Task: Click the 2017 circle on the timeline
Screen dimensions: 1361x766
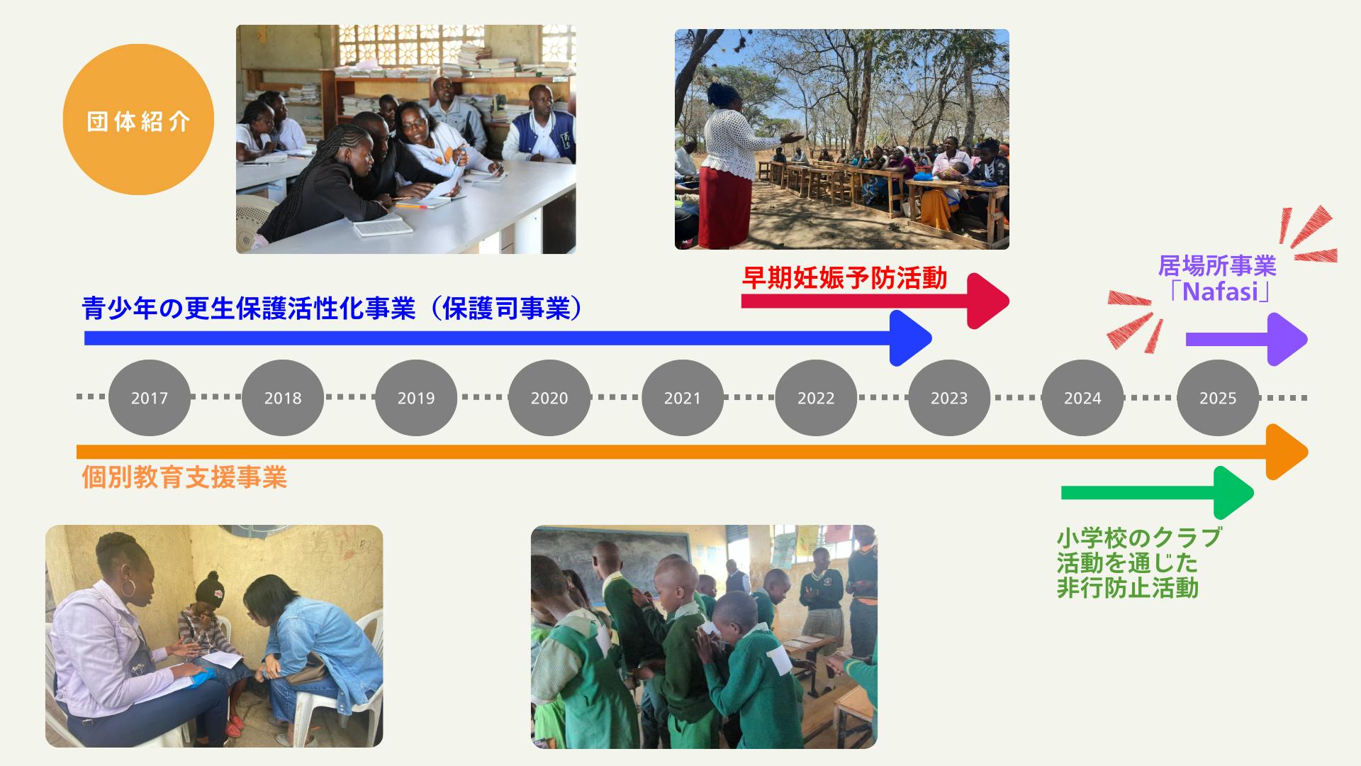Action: [150, 398]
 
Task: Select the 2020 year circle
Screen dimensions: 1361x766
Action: [549, 398]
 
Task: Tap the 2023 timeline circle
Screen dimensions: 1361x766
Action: [949, 398]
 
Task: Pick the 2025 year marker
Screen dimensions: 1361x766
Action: [1218, 398]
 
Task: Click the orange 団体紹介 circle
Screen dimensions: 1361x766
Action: [138, 119]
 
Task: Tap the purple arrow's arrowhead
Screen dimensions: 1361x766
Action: [1287, 339]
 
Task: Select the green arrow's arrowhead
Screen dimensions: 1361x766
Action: [1234, 493]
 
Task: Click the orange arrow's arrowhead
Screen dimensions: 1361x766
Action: [1287, 452]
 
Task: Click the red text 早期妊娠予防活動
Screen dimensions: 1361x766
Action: [844, 278]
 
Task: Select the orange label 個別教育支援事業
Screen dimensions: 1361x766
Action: [184, 477]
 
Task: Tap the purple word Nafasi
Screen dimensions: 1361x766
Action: [1219, 292]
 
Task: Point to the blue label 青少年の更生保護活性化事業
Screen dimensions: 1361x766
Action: [249, 309]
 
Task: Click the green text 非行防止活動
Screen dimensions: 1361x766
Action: [1128, 588]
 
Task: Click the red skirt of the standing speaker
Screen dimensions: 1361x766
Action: [724, 207]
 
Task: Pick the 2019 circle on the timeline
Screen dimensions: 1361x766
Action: [416, 398]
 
